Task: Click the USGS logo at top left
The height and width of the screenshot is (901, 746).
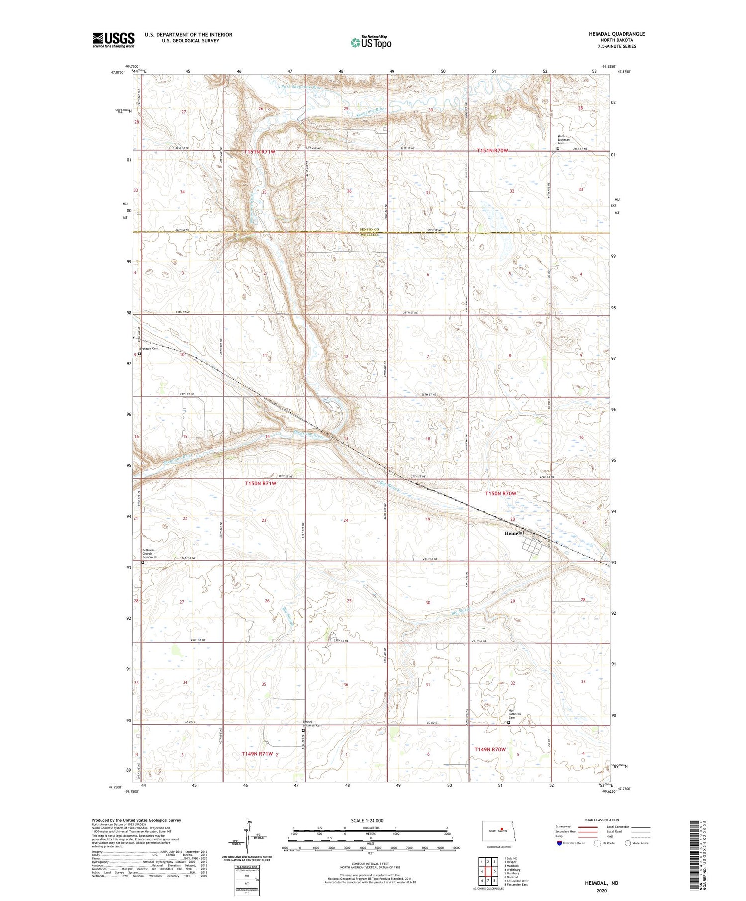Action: (x=113, y=40)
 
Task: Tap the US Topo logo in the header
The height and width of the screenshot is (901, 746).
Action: (x=371, y=43)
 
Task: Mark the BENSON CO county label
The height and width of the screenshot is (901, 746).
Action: (x=370, y=229)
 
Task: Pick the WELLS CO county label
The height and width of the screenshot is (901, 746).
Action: (x=370, y=234)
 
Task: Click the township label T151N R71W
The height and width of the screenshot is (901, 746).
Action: (x=259, y=151)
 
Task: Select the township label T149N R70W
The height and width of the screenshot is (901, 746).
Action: (x=490, y=749)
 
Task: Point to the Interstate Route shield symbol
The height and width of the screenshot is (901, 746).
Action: (x=559, y=843)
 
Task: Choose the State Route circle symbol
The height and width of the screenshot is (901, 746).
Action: (x=628, y=843)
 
